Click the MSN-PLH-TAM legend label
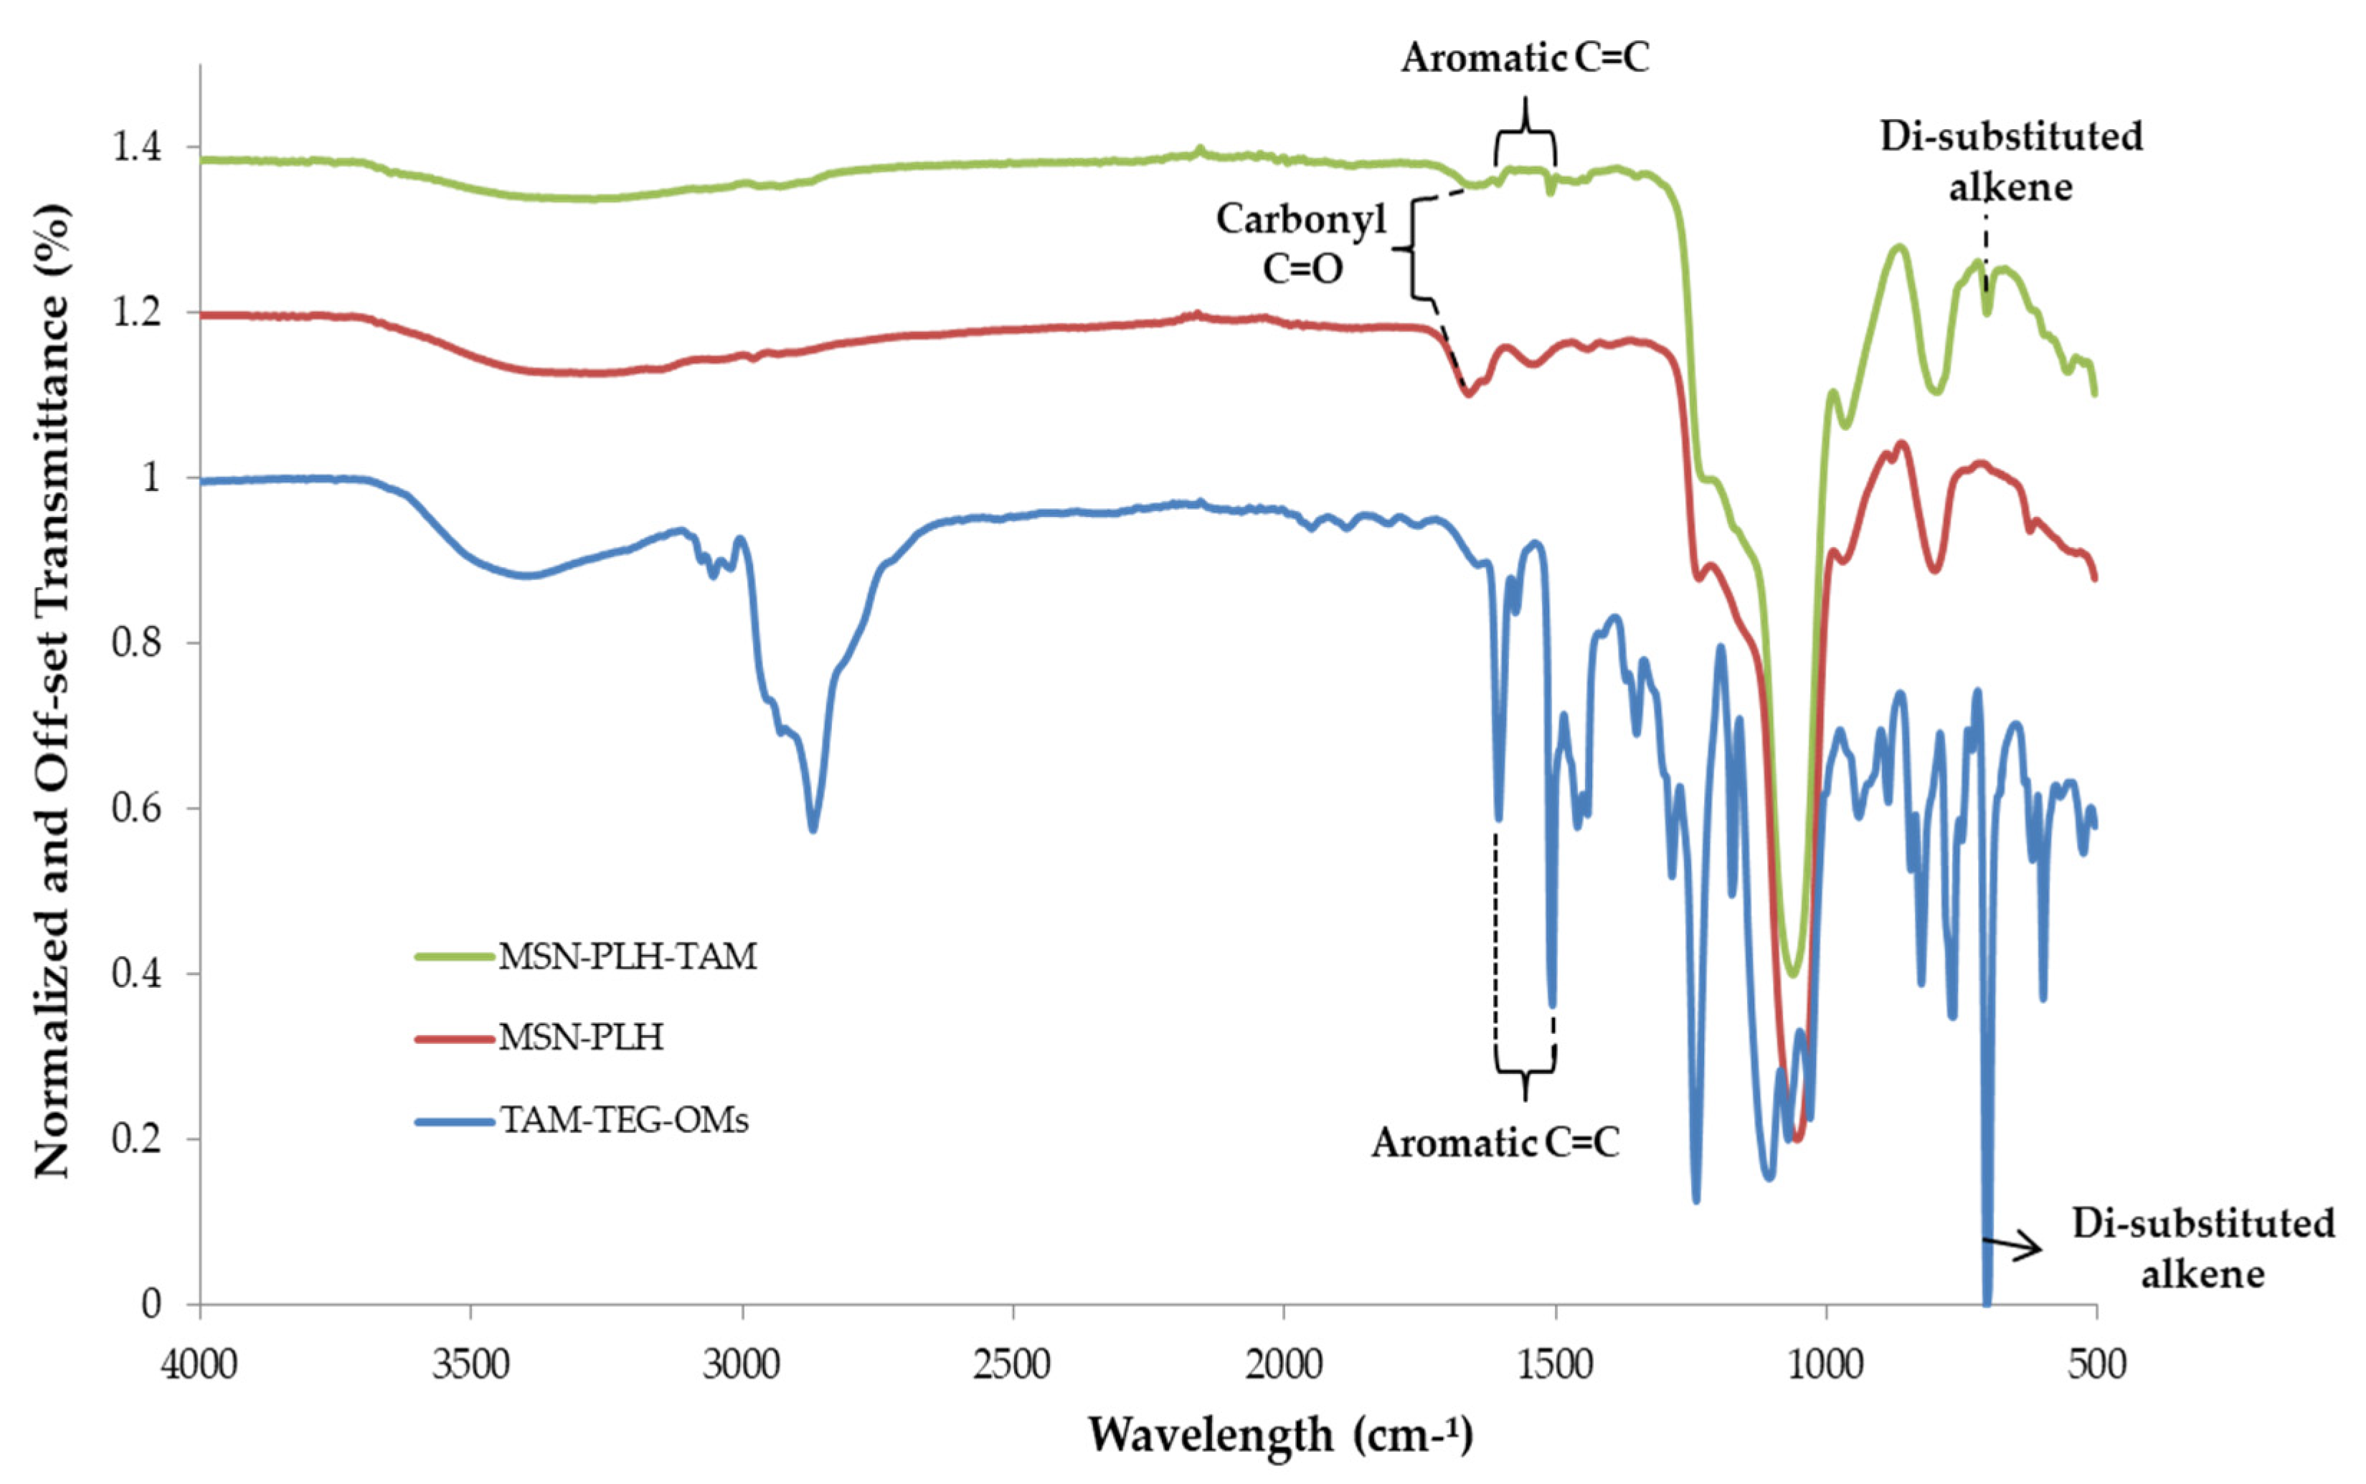tap(628, 956)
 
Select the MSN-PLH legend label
tap(581, 1037)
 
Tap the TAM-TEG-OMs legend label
tap(625, 1120)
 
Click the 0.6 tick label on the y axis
tap(138, 809)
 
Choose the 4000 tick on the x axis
tap(200, 1364)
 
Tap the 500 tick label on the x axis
tap(2096, 1364)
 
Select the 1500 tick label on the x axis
tap(1555, 1364)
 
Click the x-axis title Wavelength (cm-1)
tap(1281, 1435)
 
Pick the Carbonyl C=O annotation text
tap(1302, 244)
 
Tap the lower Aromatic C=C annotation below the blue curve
tap(1495, 1143)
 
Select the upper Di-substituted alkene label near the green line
tap(2010, 161)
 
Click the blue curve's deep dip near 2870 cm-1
tap(813, 827)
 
